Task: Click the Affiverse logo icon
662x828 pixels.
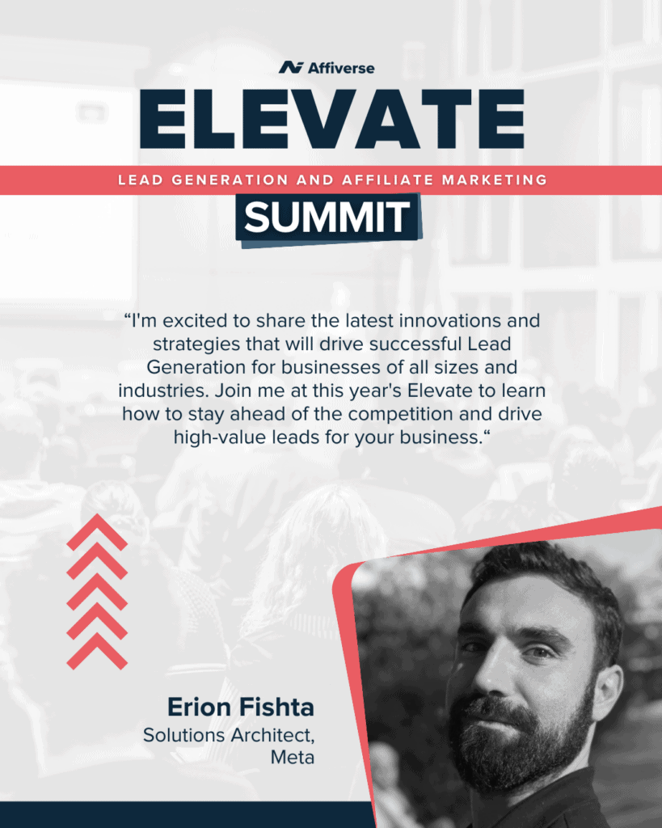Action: click(291, 68)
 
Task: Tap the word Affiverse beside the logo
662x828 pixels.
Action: click(341, 68)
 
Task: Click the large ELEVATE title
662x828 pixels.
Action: click(332, 120)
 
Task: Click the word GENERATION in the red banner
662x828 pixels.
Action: click(230, 180)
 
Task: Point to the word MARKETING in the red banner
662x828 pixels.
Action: click(495, 180)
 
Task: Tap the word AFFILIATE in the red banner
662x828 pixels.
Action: click(387, 180)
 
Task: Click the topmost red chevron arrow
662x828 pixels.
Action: click(97, 532)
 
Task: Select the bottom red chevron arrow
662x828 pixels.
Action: click(97, 651)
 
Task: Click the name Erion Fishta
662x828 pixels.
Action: click(241, 707)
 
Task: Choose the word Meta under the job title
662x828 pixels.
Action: click(293, 758)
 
